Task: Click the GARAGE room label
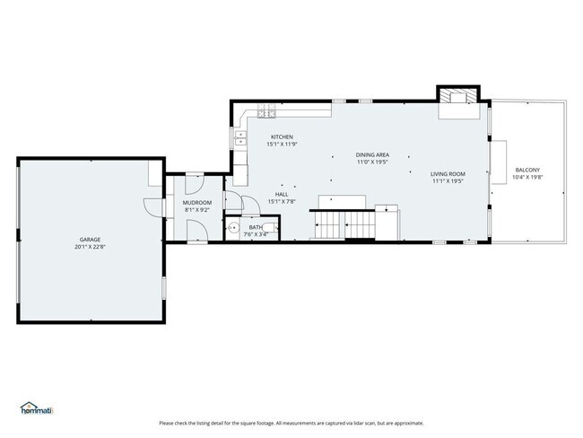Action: coord(90,239)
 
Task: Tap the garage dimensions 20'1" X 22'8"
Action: coord(90,246)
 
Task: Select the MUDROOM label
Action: coord(196,202)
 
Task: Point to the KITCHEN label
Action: coord(283,136)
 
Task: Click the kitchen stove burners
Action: coord(265,112)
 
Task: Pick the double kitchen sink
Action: coord(239,138)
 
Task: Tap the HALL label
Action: coord(282,194)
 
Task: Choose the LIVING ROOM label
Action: coord(447,174)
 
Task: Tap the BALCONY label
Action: coord(526,170)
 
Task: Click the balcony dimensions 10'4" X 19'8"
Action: coord(526,177)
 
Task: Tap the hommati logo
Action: coord(37,410)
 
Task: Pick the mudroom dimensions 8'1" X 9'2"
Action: coord(196,209)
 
